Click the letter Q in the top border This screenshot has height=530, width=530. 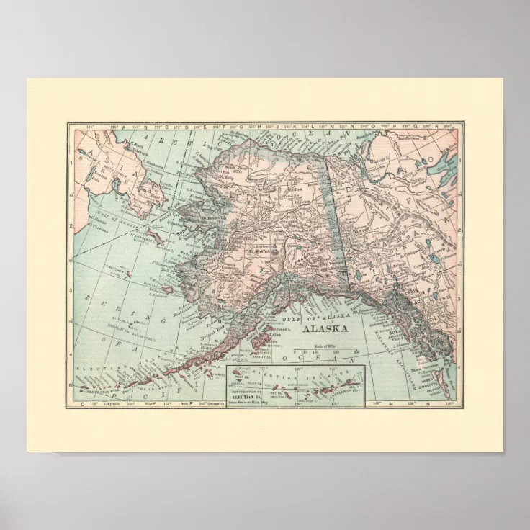tap(433, 126)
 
